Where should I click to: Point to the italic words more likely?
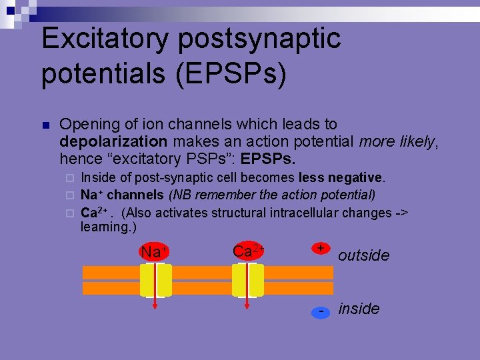(x=397, y=141)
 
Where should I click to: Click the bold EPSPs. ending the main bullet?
(x=268, y=159)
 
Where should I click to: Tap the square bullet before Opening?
(x=45, y=125)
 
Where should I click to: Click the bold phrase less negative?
(x=341, y=177)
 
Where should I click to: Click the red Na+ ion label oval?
(x=154, y=252)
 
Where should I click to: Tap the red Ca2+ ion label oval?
(x=248, y=251)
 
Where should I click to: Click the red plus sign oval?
(x=321, y=248)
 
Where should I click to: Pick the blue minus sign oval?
(x=321, y=312)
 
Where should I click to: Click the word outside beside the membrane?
(x=364, y=256)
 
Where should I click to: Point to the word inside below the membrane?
(x=359, y=309)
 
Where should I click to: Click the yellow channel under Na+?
(x=155, y=280)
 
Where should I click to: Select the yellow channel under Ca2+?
(x=248, y=280)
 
